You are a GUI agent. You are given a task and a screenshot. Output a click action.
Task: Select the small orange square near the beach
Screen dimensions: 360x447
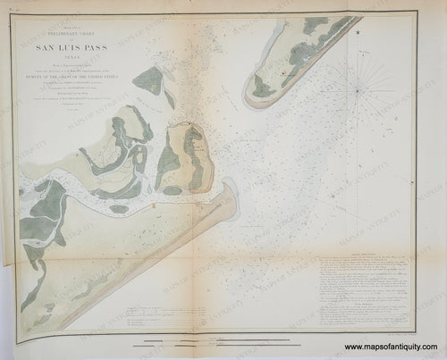[154, 206]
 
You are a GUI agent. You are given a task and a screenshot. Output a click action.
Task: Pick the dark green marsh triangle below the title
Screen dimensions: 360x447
[148, 81]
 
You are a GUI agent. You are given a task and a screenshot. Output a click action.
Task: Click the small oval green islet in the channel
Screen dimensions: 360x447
[118, 208]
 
